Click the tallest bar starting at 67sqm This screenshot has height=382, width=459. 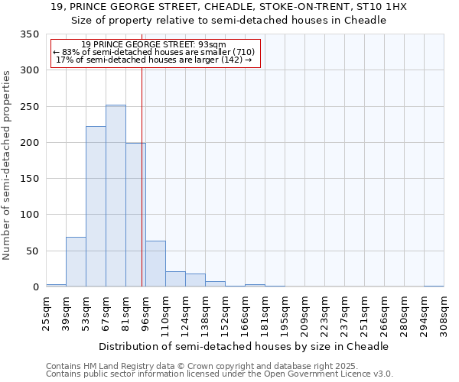[x=116, y=196]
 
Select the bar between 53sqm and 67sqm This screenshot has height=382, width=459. [x=96, y=206]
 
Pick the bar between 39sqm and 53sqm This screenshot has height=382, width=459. [x=76, y=262]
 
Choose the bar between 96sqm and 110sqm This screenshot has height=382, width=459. [x=155, y=264]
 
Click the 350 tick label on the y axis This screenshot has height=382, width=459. [x=29, y=34]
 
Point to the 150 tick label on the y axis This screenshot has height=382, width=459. [x=29, y=179]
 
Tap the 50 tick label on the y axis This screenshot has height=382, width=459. [x=32, y=251]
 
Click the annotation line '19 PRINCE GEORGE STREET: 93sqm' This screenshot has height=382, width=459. [x=153, y=44]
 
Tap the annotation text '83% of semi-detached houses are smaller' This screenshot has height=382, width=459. [x=156, y=52]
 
